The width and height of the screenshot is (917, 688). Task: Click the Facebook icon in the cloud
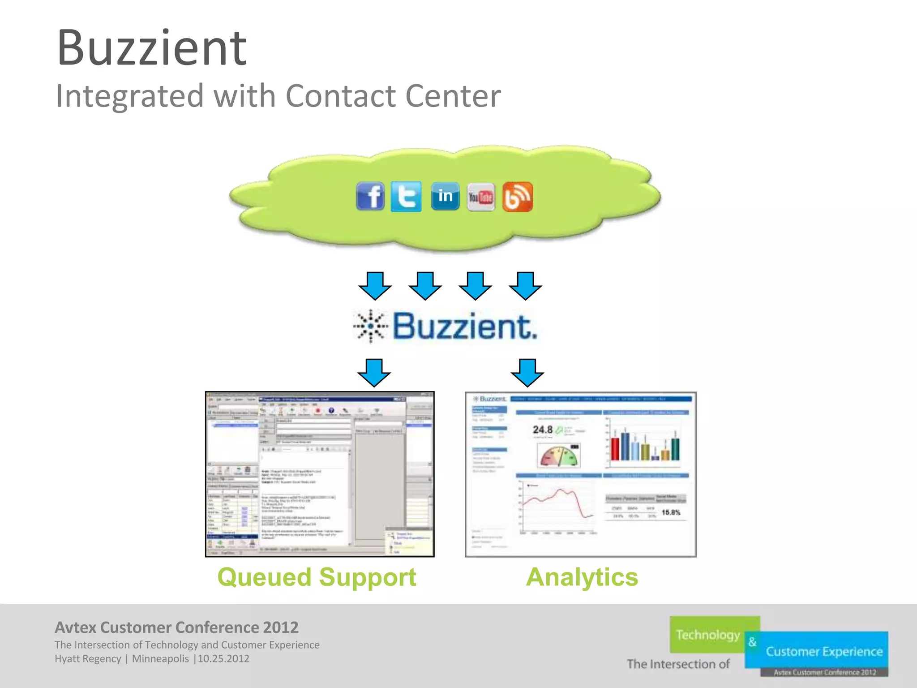(x=370, y=196)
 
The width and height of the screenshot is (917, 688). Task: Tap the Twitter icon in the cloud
(x=406, y=196)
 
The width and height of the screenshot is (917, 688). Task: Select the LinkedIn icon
(x=445, y=196)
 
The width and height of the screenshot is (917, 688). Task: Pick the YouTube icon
(x=481, y=197)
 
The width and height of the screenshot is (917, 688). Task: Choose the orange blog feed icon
(x=518, y=197)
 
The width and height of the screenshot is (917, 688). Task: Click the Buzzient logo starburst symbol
(x=370, y=326)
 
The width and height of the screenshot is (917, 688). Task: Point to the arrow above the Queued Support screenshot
(x=374, y=372)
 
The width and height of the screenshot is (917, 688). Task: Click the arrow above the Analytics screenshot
(x=527, y=372)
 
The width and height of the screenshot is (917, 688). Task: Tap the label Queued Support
(x=317, y=577)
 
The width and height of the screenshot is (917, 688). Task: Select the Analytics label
(x=582, y=577)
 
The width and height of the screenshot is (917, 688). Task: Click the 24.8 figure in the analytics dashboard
(x=542, y=430)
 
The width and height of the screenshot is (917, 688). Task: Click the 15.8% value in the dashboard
(x=671, y=512)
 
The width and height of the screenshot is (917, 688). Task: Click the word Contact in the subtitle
(x=341, y=96)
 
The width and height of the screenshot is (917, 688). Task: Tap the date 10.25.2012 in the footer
(x=223, y=659)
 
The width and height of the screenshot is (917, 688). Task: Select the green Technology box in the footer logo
(x=707, y=635)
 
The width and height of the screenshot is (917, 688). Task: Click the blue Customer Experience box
(x=824, y=651)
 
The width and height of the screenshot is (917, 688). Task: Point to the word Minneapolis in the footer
(x=160, y=659)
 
